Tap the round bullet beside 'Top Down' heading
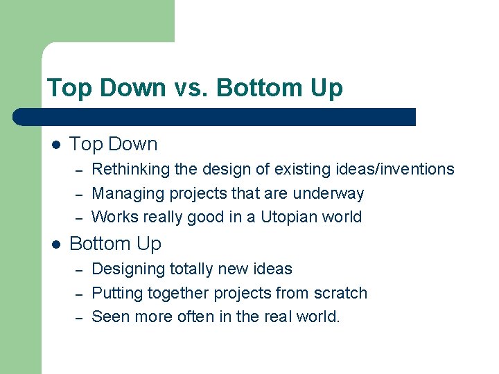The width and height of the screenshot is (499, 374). pyautogui.click(x=56, y=145)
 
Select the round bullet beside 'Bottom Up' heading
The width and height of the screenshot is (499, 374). pyautogui.click(x=56, y=244)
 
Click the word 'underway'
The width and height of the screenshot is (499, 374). pyautogui.click(x=331, y=193)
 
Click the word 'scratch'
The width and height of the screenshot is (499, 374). pyautogui.click(x=339, y=293)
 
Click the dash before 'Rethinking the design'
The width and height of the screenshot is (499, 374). pyautogui.click(x=80, y=170)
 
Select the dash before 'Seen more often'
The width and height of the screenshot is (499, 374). pyautogui.click(x=80, y=319)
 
